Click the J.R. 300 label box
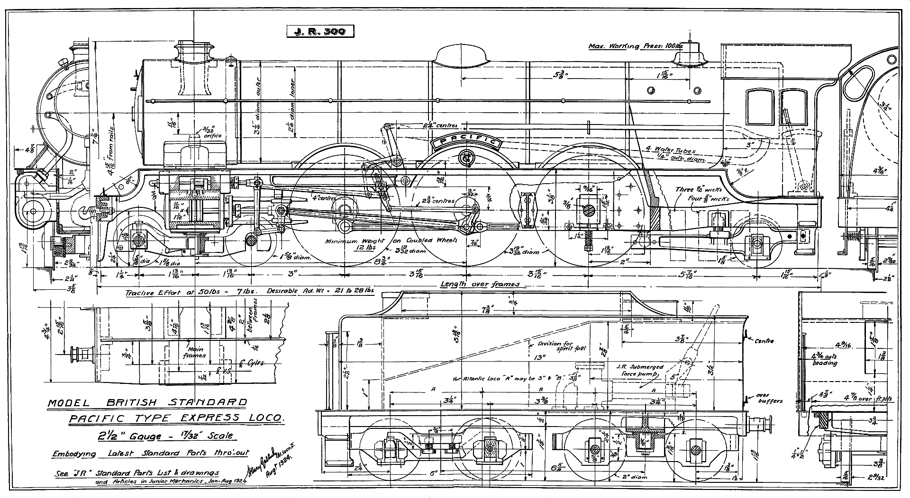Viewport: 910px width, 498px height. coord(320,31)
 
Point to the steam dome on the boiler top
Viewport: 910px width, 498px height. coord(462,57)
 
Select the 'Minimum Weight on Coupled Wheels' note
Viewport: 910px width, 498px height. coord(391,240)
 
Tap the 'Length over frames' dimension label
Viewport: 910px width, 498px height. coord(480,284)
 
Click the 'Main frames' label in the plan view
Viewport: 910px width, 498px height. coord(195,352)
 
